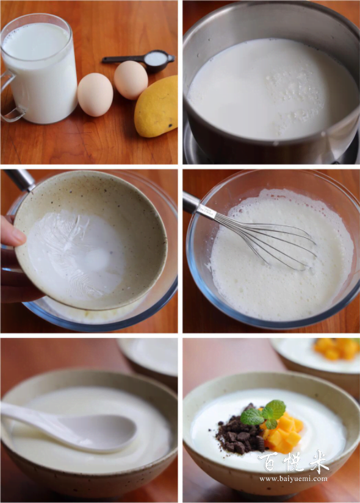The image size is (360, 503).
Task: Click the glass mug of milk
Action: coord(40,69)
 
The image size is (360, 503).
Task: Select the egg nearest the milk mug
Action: coord(95,95)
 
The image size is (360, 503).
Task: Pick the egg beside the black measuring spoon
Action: coord(131,80)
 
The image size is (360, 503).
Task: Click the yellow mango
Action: coord(156,107)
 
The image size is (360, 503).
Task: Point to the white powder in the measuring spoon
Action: coord(155,59)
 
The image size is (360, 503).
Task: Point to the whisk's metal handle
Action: coord(200,206)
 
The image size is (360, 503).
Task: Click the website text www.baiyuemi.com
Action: coord(293,479)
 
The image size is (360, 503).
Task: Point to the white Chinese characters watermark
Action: coord(293,462)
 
